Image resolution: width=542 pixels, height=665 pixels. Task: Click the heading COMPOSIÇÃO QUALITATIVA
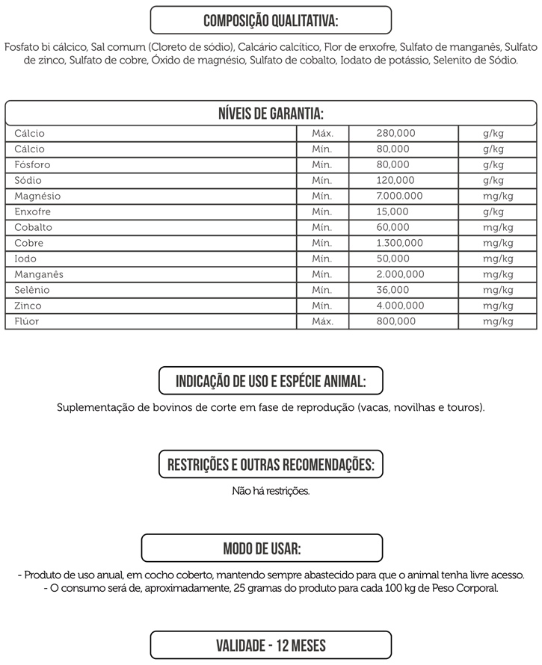(x=271, y=19)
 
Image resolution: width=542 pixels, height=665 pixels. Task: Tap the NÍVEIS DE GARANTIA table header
(x=271, y=113)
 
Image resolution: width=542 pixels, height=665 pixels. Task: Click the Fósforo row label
(x=33, y=165)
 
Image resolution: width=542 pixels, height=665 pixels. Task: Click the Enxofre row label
(x=33, y=212)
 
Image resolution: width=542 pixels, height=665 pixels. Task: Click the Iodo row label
(x=25, y=259)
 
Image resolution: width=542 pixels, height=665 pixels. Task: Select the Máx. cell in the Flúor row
(x=321, y=322)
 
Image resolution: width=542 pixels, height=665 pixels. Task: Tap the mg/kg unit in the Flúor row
(x=498, y=322)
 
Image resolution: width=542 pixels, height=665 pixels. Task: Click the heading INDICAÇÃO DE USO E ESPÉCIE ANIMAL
(x=271, y=381)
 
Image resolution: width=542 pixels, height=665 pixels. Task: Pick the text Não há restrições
(x=271, y=492)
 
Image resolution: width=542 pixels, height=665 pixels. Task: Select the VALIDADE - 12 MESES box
(x=271, y=645)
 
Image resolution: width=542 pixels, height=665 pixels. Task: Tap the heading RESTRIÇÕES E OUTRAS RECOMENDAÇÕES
(x=271, y=465)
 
